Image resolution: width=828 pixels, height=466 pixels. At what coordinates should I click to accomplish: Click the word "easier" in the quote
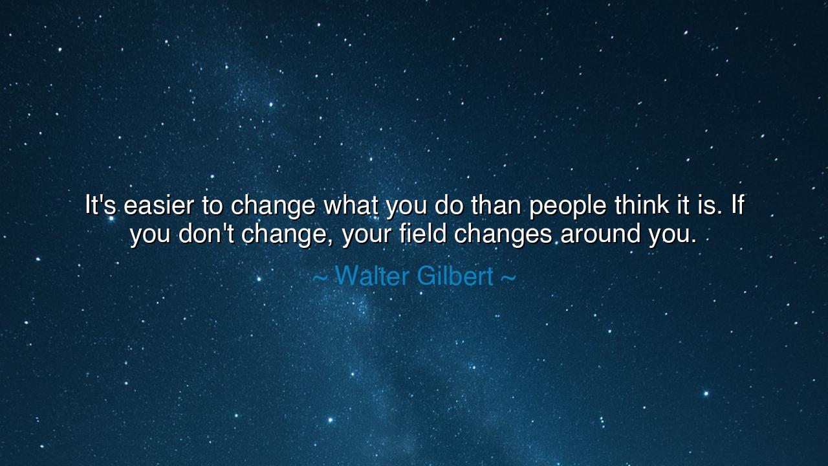coord(158,206)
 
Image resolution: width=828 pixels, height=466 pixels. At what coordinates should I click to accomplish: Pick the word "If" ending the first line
coord(737,206)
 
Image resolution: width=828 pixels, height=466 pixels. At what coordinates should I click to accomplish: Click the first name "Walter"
coord(372,276)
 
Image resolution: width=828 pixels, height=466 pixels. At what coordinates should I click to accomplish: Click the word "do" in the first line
coord(448,206)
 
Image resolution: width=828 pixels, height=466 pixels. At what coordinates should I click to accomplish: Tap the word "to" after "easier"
coord(212,206)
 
